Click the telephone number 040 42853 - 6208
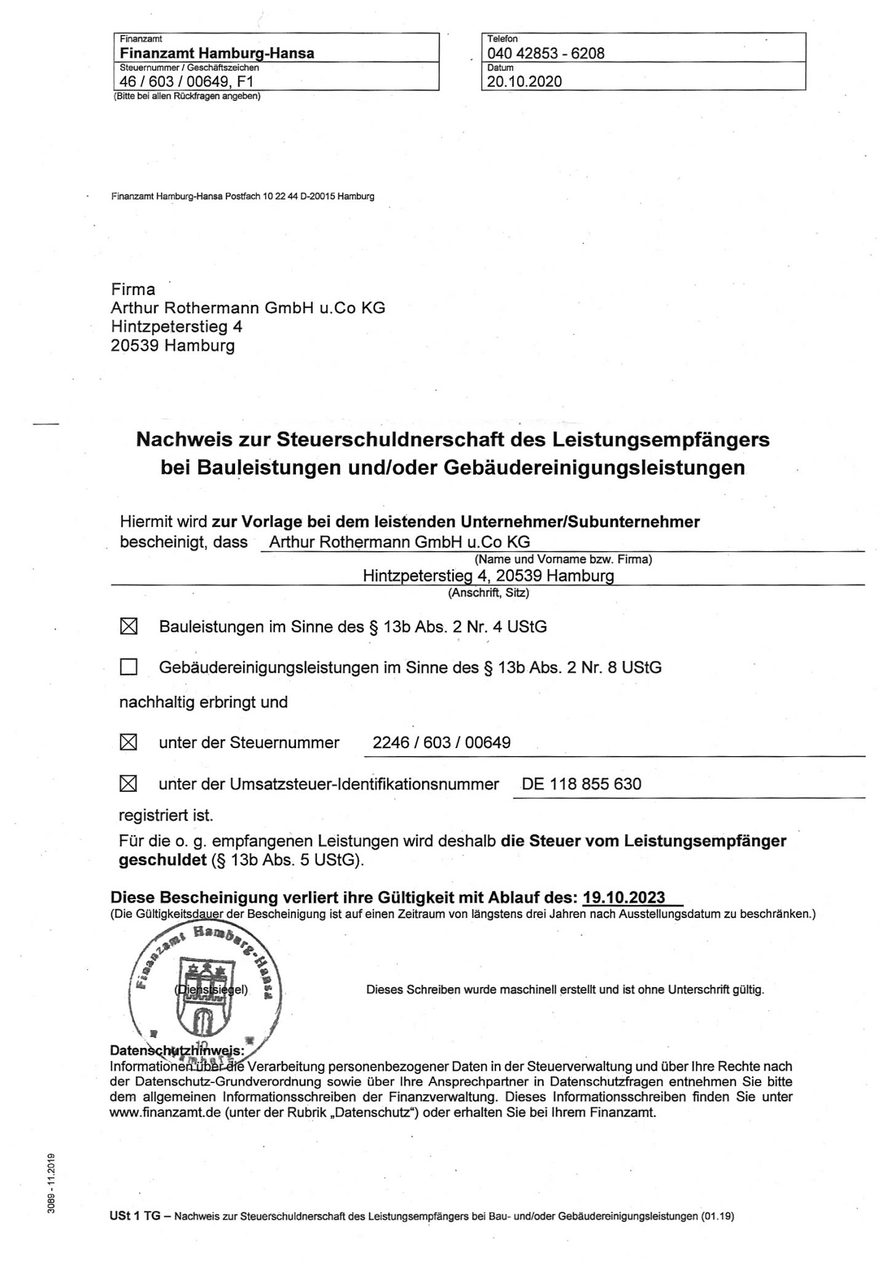click(546, 53)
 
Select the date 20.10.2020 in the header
click(524, 81)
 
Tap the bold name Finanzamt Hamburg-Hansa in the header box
click(217, 53)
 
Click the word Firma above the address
click(133, 289)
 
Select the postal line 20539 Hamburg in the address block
click(173, 345)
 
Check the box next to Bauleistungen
click(128, 627)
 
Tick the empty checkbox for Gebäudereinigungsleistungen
click(128, 667)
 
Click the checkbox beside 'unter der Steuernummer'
click(128, 743)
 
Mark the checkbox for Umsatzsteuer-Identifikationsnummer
click(128, 784)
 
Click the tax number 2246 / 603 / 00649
click(441, 743)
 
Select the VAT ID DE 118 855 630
click(581, 784)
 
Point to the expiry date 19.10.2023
click(624, 896)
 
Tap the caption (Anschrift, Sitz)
click(488, 593)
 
